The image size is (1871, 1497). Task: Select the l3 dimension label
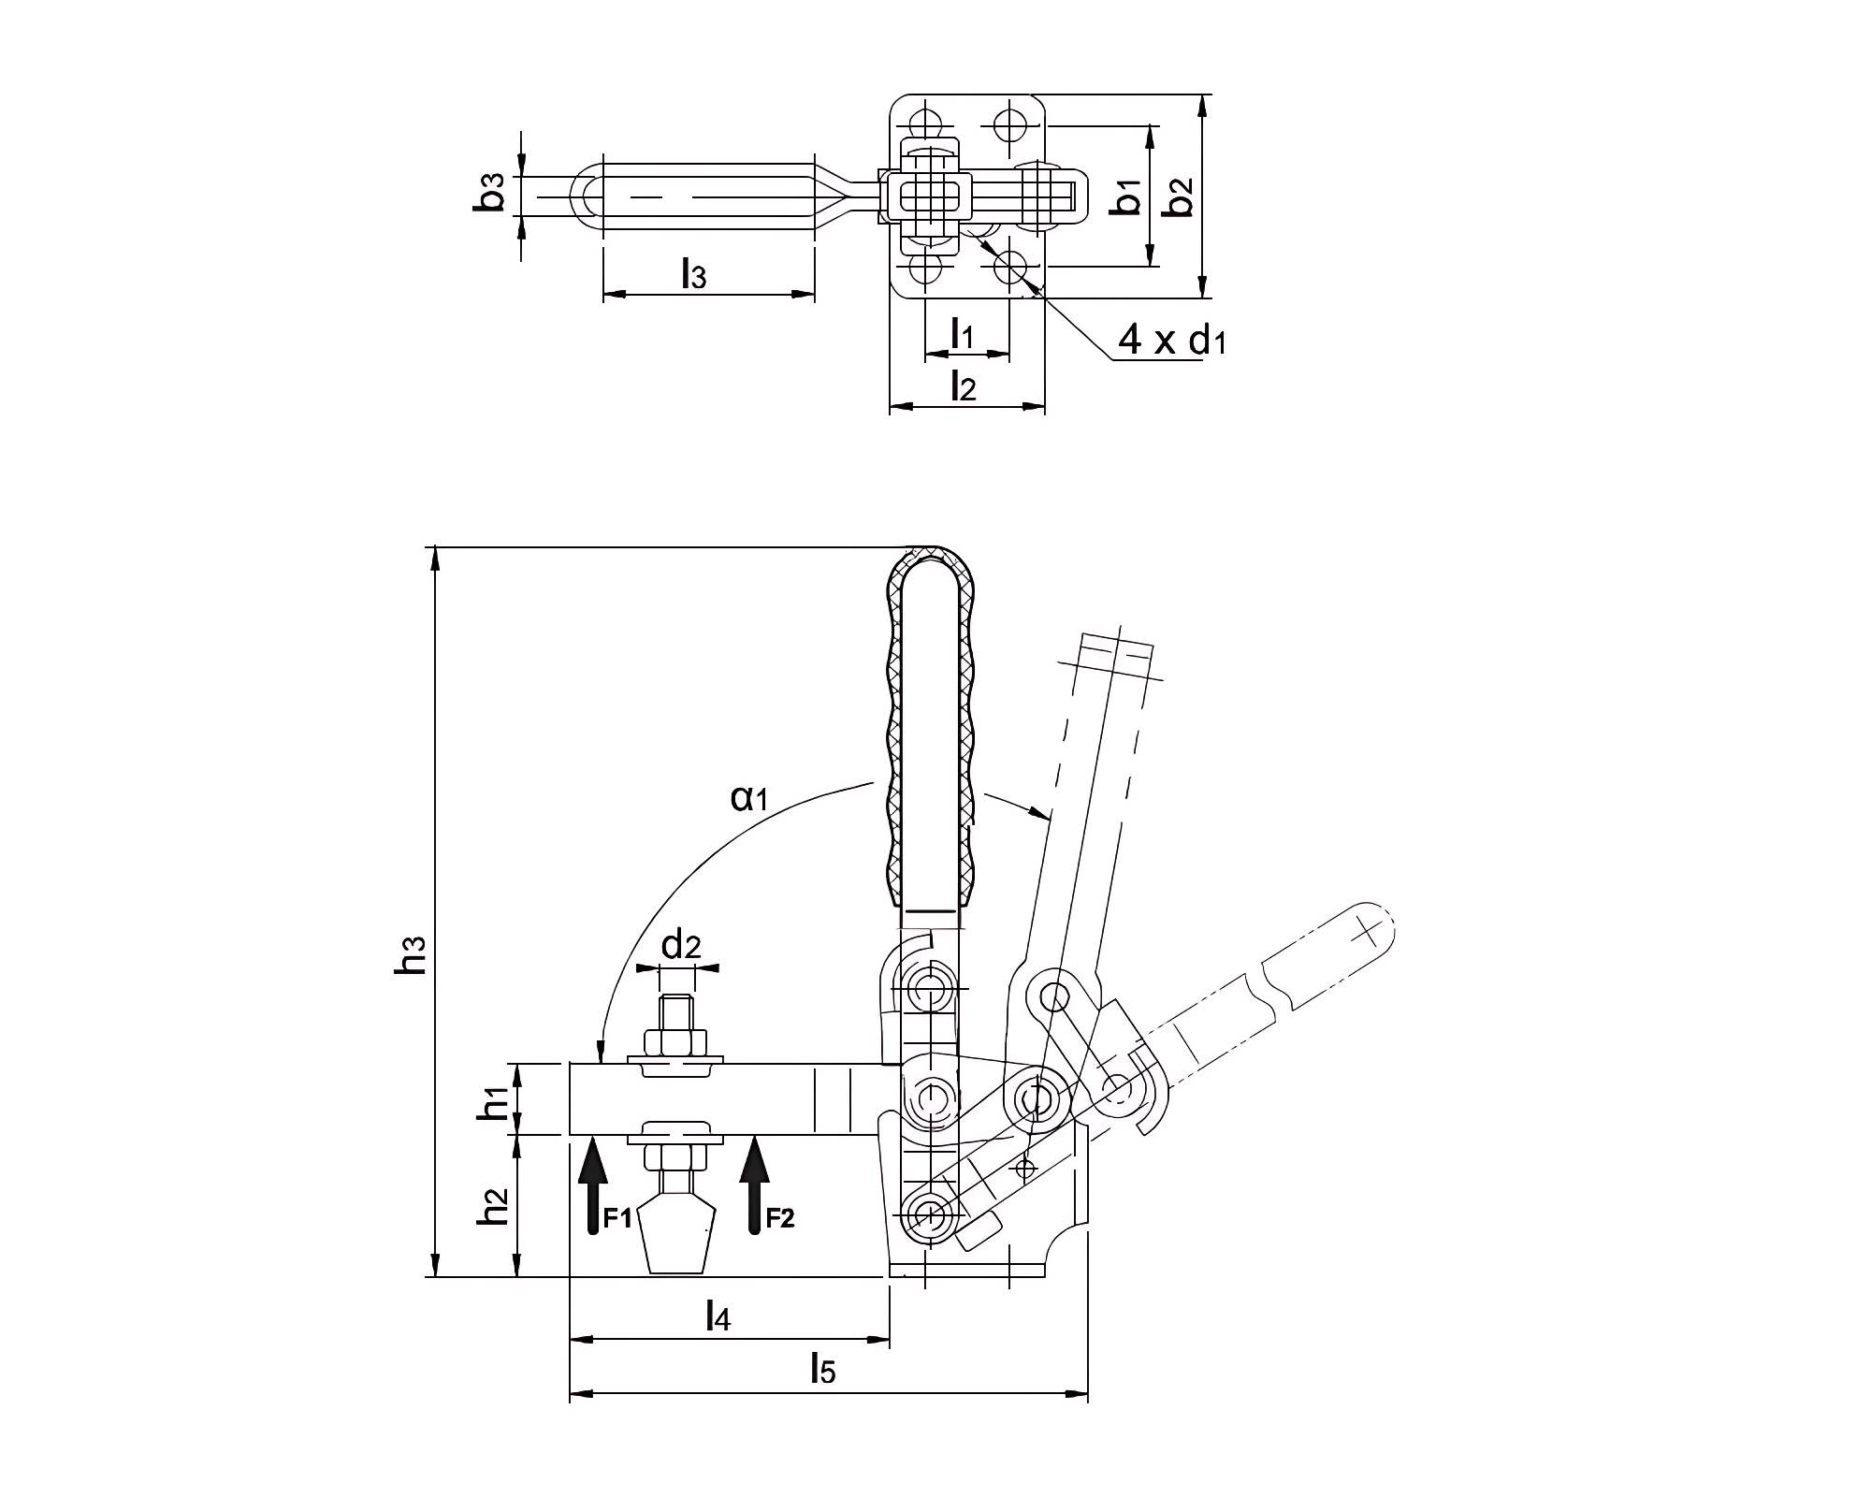pyautogui.click(x=693, y=274)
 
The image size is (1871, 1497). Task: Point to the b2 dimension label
pyautogui.click(x=1182, y=196)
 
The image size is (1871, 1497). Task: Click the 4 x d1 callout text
pyautogui.click(x=1171, y=341)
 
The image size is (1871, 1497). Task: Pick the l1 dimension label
pyautogui.click(x=963, y=333)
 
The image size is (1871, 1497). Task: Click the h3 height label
pyautogui.click(x=412, y=955)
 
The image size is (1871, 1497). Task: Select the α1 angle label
pyautogui.click(x=748, y=798)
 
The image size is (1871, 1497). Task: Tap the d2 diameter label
pyautogui.click(x=680, y=946)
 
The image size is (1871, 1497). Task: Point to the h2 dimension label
pyautogui.click(x=493, y=1206)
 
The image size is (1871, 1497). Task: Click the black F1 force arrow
pyautogui.click(x=592, y=1185)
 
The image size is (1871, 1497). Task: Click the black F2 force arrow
pyautogui.click(x=754, y=1185)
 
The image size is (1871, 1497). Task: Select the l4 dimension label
pyautogui.click(x=718, y=1316)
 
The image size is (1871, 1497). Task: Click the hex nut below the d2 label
pyautogui.click(x=675, y=1042)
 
